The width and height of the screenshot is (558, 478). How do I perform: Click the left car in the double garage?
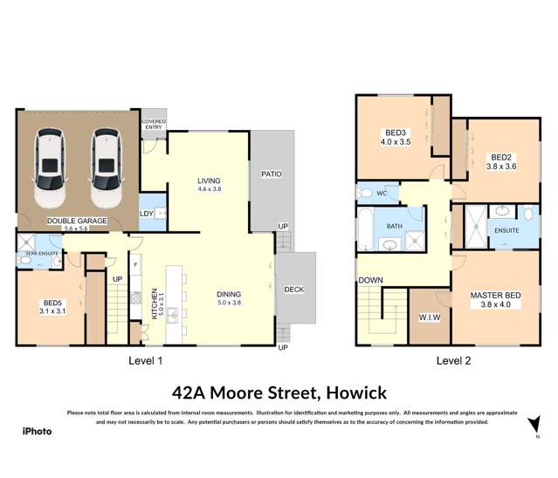pyautogui.click(x=49, y=164)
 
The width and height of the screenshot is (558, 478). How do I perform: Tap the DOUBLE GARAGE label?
pyautogui.click(x=77, y=221)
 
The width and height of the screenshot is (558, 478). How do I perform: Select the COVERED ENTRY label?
pyautogui.click(x=154, y=126)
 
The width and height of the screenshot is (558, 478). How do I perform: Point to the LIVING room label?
pyautogui.click(x=210, y=181)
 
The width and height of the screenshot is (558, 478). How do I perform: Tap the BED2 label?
pyautogui.click(x=500, y=158)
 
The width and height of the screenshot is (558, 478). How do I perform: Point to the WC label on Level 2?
pyautogui.click(x=381, y=193)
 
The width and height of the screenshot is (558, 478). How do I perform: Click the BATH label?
pyautogui.click(x=395, y=226)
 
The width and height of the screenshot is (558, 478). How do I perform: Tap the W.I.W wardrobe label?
pyautogui.click(x=430, y=317)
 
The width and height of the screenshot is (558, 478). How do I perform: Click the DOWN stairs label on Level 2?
pyautogui.click(x=369, y=281)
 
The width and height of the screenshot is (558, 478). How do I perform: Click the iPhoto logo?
pyautogui.click(x=37, y=430)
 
